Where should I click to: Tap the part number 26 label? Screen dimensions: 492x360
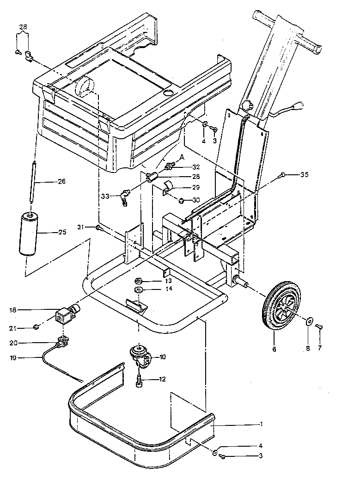61,181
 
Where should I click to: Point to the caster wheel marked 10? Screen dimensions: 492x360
140,356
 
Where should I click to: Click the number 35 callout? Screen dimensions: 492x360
304,174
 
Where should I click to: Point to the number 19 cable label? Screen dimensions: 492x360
13,357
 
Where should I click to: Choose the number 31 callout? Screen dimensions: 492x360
81,227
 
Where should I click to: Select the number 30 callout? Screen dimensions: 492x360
196,200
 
